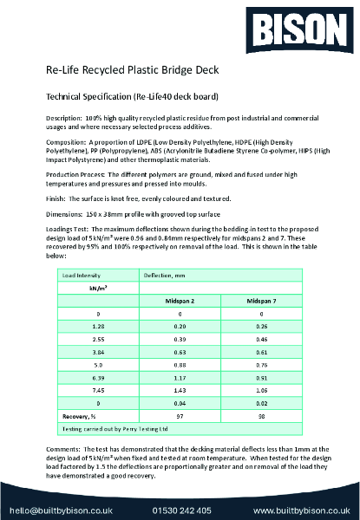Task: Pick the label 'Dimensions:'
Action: [63, 211]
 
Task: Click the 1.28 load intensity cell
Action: [99, 327]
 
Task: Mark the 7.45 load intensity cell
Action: [99, 391]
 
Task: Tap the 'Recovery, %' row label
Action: [81, 417]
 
